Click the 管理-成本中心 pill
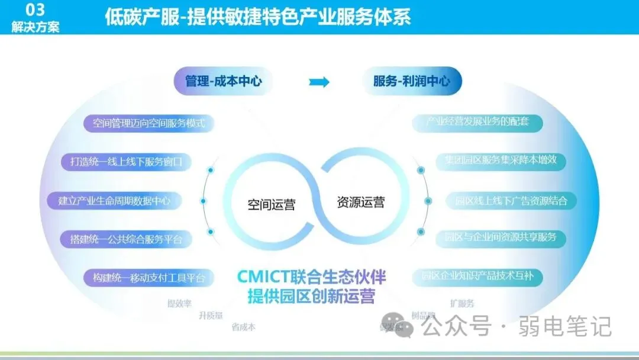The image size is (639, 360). (x=223, y=82)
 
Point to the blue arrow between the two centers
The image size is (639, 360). (x=319, y=82)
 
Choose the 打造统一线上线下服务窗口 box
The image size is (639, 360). (x=127, y=161)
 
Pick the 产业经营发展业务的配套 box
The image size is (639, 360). (x=477, y=123)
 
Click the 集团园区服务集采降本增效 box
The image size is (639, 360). (x=501, y=160)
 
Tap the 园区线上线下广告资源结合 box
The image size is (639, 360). (x=511, y=201)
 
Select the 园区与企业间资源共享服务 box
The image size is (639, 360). (x=500, y=237)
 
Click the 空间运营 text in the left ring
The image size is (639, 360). (x=271, y=205)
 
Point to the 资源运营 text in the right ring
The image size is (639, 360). (x=360, y=202)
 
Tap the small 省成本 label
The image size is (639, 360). (x=243, y=327)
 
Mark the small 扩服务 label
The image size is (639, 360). (x=462, y=304)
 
